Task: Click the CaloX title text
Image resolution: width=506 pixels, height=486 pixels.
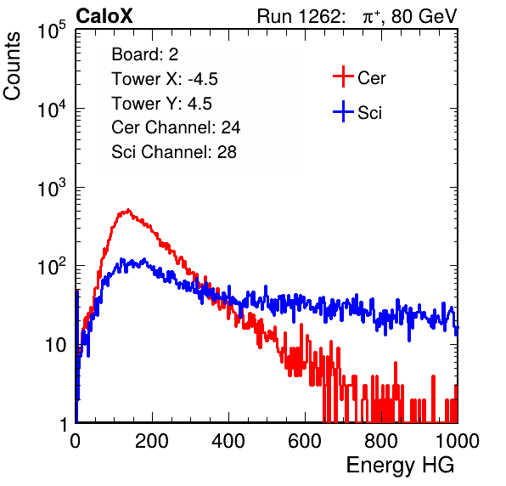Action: [x=104, y=16]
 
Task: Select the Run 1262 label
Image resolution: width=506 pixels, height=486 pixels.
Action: [x=299, y=16]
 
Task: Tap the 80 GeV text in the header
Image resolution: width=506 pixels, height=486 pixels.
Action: [x=424, y=16]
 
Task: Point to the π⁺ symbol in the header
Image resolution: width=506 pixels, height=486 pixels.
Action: [x=372, y=17]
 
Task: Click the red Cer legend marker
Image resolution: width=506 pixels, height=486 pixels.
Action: [x=343, y=76]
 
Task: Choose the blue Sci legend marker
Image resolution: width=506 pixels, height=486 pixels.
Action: [x=343, y=112]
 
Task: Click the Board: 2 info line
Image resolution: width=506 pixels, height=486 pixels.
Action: [x=145, y=54]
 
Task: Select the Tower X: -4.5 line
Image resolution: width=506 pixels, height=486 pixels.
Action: [x=165, y=79]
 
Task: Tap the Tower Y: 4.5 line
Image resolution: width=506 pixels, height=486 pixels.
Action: [x=161, y=104]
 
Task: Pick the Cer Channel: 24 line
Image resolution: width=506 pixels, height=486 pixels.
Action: [x=176, y=127]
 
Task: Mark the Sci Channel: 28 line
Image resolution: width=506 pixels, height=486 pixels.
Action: [x=174, y=152]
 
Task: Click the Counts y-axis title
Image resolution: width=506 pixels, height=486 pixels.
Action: [x=12, y=66]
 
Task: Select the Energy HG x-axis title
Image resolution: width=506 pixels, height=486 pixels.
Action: [x=400, y=466]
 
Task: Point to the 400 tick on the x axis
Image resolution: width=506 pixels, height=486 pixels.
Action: [x=228, y=441]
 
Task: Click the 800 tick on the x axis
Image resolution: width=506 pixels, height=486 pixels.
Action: [x=381, y=441]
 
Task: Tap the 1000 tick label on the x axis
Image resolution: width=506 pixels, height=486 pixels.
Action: [x=458, y=441]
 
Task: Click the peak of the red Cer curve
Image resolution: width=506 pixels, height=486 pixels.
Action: [x=128, y=210]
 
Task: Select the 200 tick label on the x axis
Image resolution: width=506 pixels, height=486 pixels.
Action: [x=152, y=441]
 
